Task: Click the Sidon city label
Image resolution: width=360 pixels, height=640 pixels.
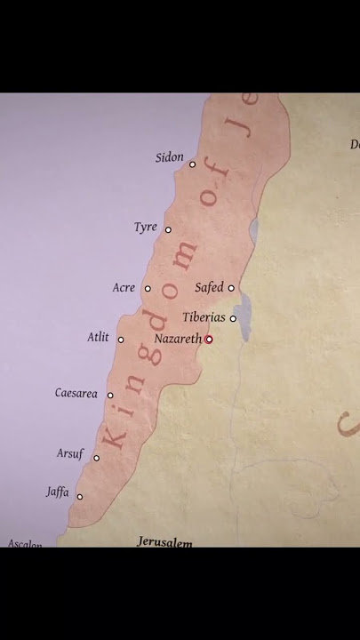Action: [x=169, y=157]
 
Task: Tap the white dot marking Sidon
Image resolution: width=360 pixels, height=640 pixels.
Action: [x=192, y=164]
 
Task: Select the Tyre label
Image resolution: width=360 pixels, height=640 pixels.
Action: [x=145, y=228]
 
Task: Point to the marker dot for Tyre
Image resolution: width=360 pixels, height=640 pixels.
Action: [x=168, y=229]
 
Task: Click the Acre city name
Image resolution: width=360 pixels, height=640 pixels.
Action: [x=124, y=288]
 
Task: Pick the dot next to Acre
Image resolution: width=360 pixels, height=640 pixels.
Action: [x=148, y=288]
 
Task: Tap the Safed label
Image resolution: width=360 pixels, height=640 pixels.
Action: [x=209, y=288]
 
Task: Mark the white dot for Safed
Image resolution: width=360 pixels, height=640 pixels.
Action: [x=231, y=288]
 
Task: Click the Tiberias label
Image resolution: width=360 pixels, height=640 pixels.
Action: [x=204, y=317]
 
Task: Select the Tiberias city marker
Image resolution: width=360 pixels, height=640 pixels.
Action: [x=233, y=318]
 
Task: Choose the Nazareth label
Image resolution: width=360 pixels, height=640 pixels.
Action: [x=178, y=339]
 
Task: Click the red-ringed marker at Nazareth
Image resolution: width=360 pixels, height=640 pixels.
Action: [x=209, y=340]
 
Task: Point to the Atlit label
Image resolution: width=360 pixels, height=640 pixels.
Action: [x=98, y=338]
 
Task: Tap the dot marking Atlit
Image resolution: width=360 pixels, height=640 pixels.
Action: [x=121, y=340]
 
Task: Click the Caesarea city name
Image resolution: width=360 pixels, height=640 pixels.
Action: [x=76, y=393]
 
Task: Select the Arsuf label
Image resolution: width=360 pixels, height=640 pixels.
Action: [x=70, y=454]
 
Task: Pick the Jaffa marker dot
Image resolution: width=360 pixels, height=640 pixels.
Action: [x=79, y=497]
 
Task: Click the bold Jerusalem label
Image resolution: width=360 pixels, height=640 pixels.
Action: [x=164, y=541]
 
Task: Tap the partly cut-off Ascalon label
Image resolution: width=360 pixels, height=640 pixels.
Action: [x=25, y=543]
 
